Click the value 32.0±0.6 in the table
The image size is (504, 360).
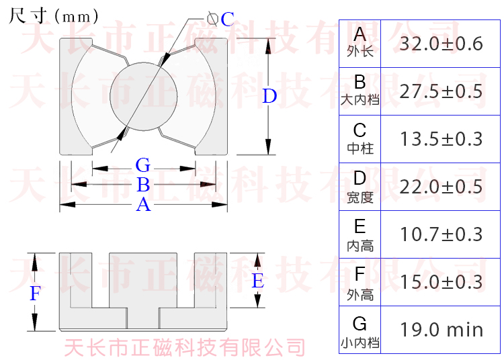pos(441,44)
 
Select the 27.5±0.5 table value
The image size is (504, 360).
pos(441,91)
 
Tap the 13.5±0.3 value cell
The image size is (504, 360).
pos(441,139)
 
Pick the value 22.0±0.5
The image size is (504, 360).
pos(441,186)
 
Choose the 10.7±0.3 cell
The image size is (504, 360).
pos(441,234)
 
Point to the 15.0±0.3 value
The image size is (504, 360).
pos(441,281)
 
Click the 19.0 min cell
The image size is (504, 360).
pos(441,330)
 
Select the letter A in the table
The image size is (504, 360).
pos(360,35)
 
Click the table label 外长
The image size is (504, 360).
pos(360,52)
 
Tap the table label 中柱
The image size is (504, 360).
pos(360,148)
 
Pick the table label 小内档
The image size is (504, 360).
pos(360,343)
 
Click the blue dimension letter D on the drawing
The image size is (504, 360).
pos(269,96)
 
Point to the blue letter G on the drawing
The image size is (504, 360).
pos(142,165)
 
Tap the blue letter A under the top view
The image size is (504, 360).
pos(142,205)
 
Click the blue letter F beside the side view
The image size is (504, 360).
pos(36,294)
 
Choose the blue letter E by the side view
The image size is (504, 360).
pos(257,281)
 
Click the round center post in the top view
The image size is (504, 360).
pos(143,97)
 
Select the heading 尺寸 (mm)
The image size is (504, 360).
pos(54,15)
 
